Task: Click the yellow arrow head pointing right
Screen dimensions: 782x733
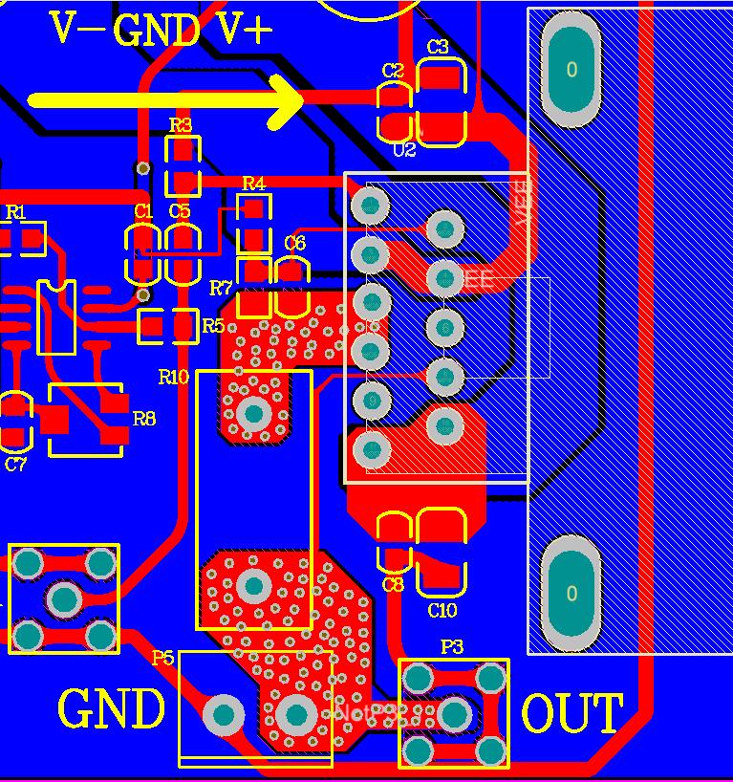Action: (x=287, y=100)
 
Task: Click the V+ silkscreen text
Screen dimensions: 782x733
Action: (x=245, y=30)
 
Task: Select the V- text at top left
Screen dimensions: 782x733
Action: (x=76, y=30)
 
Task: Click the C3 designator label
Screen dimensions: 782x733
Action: (x=438, y=48)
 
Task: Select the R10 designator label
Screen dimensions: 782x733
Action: (x=173, y=377)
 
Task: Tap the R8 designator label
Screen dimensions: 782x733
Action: (x=144, y=419)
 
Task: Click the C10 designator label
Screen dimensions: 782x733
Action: (x=442, y=611)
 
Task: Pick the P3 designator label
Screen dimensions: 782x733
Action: (x=451, y=648)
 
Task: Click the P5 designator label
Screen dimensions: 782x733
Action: (x=162, y=658)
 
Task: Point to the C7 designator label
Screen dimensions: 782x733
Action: (x=15, y=465)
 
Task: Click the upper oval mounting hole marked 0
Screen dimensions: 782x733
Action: (x=571, y=70)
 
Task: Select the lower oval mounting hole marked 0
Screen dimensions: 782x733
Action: (x=571, y=593)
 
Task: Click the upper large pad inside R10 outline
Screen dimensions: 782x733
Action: (x=254, y=413)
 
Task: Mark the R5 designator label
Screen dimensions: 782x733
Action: (x=213, y=326)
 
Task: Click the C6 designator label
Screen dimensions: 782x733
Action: (x=295, y=244)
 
